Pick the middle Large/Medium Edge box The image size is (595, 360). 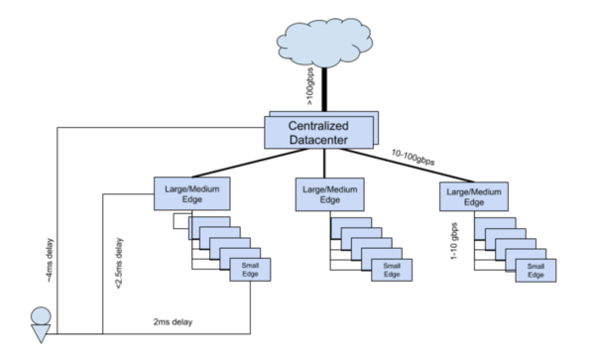pyautogui.click(x=329, y=191)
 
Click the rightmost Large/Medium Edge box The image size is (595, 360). pyautogui.click(x=472, y=191)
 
